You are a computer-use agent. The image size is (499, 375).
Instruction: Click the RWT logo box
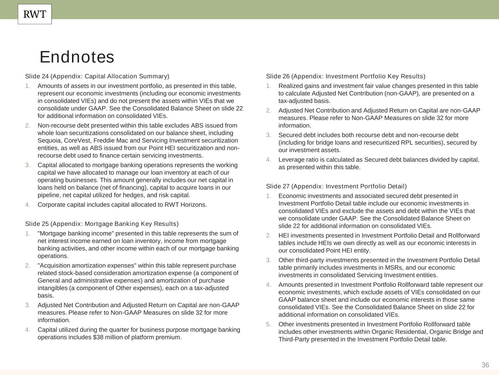click(35, 14)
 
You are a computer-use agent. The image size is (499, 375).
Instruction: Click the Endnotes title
click(77, 57)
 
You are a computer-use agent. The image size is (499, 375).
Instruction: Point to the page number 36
click(485, 365)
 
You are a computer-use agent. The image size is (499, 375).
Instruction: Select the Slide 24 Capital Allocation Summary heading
click(97, 76)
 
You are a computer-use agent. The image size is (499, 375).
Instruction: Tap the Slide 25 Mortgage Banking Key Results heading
click(102, 224)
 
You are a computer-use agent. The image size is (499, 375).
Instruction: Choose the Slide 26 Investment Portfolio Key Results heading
click(345, 76)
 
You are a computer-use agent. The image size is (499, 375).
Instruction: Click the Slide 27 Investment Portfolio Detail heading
click(336, 186)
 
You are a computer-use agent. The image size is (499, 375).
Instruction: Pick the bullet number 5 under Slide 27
click(269, 324)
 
